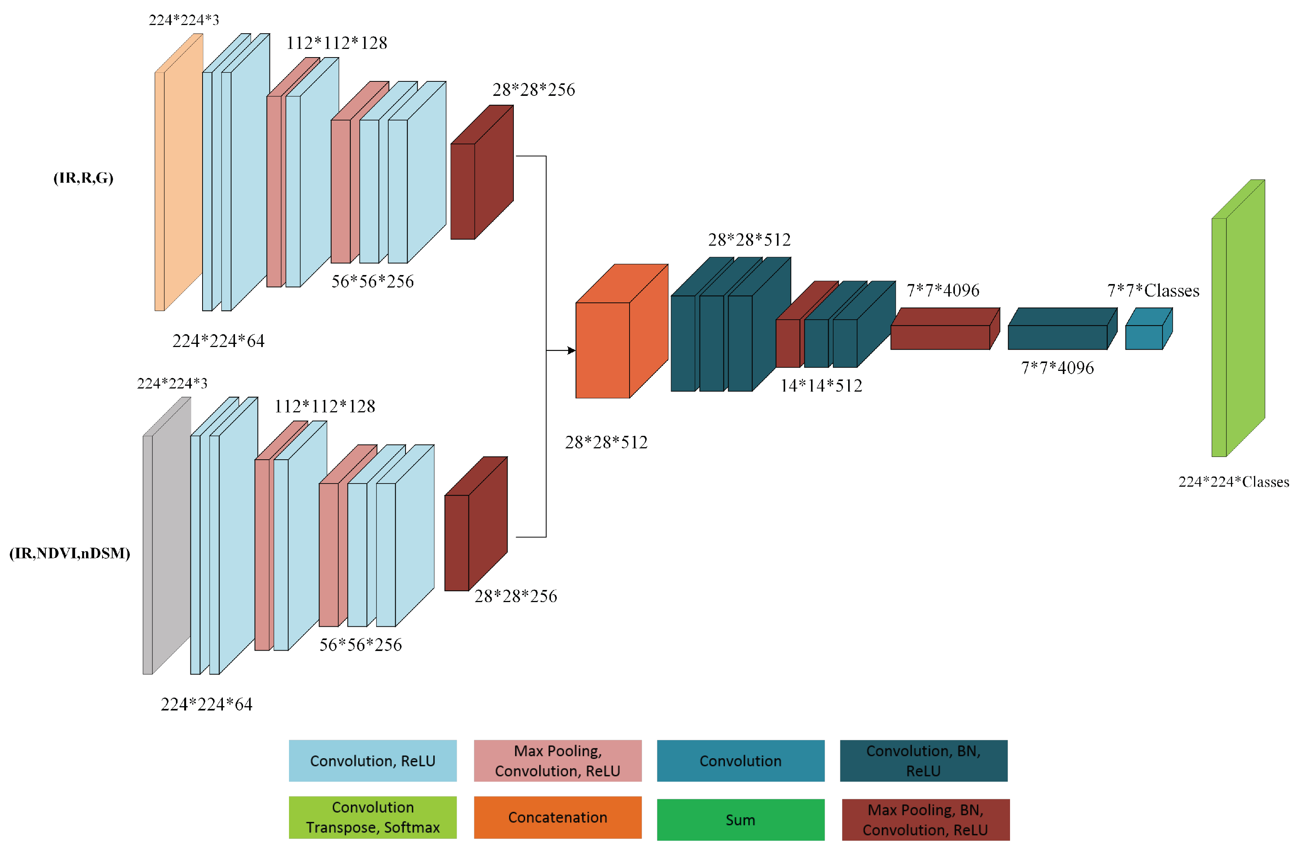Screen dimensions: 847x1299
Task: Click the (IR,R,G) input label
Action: [83, 178]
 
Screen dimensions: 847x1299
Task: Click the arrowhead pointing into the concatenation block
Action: [571, 350]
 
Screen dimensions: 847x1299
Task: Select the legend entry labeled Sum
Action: [740, 819]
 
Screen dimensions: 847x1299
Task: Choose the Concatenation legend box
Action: [557, 817]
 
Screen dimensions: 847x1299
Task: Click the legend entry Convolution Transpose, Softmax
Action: [372, 817]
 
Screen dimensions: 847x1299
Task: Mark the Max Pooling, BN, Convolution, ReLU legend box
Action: [925, 819]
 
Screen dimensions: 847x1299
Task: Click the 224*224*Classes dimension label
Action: [1234, 482]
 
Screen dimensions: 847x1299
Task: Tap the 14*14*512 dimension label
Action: [821, 385]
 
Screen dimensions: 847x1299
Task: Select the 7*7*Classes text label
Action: [1153, 291]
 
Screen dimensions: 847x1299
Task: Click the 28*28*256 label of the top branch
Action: [533, 90]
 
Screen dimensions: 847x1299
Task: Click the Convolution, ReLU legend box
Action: [372, 761]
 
